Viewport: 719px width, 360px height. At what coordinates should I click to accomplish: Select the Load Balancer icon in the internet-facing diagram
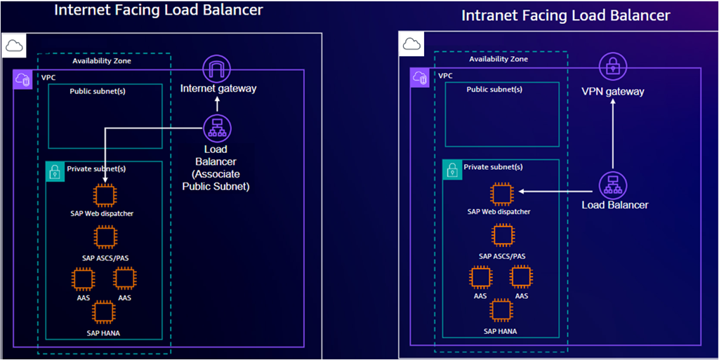pos(217,128)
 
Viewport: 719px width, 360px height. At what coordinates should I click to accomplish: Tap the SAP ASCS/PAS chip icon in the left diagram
pos(105,238)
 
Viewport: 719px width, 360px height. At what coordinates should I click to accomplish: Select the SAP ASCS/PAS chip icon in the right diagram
pos(502,236)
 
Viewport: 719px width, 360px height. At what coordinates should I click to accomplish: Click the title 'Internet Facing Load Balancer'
pos(159,11)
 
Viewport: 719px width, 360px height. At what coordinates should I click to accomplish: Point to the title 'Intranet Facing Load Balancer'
pos(566,15)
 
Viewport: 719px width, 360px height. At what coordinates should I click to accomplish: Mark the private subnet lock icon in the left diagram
pos(55,171)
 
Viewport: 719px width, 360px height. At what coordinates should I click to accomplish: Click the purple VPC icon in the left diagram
pos(22,79)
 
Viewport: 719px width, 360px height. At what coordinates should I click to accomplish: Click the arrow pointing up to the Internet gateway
pos(217,104)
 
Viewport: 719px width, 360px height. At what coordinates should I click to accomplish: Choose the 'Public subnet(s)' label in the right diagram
pos(494,89)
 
